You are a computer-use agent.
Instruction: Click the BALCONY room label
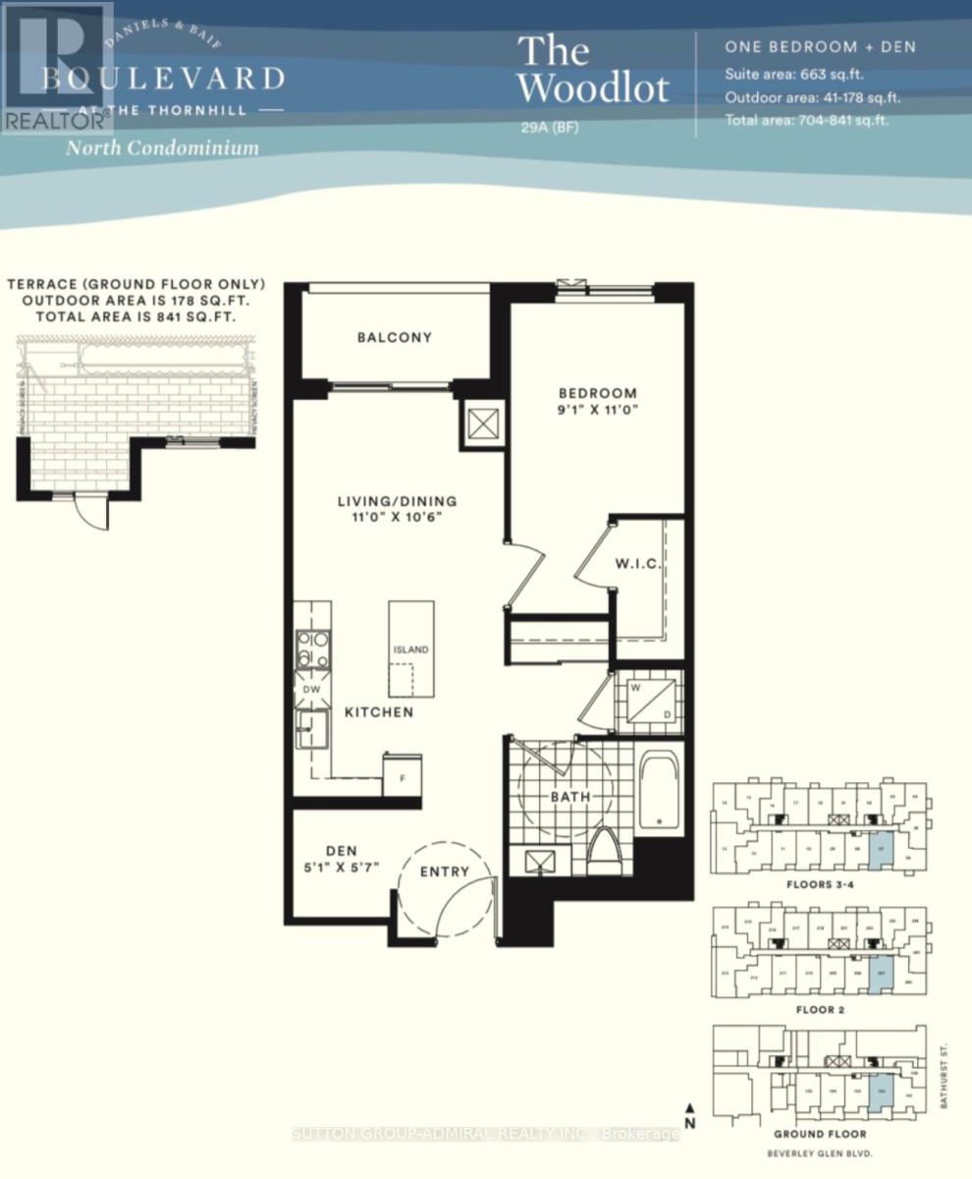(394, 337)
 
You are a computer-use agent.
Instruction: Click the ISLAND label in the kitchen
(411, 650)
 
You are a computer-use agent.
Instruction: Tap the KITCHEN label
(378, 711)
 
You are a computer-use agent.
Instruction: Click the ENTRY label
(445, 871)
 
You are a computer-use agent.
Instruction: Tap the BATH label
(569, 797)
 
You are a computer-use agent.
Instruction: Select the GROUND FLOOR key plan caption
(819, 1133)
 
